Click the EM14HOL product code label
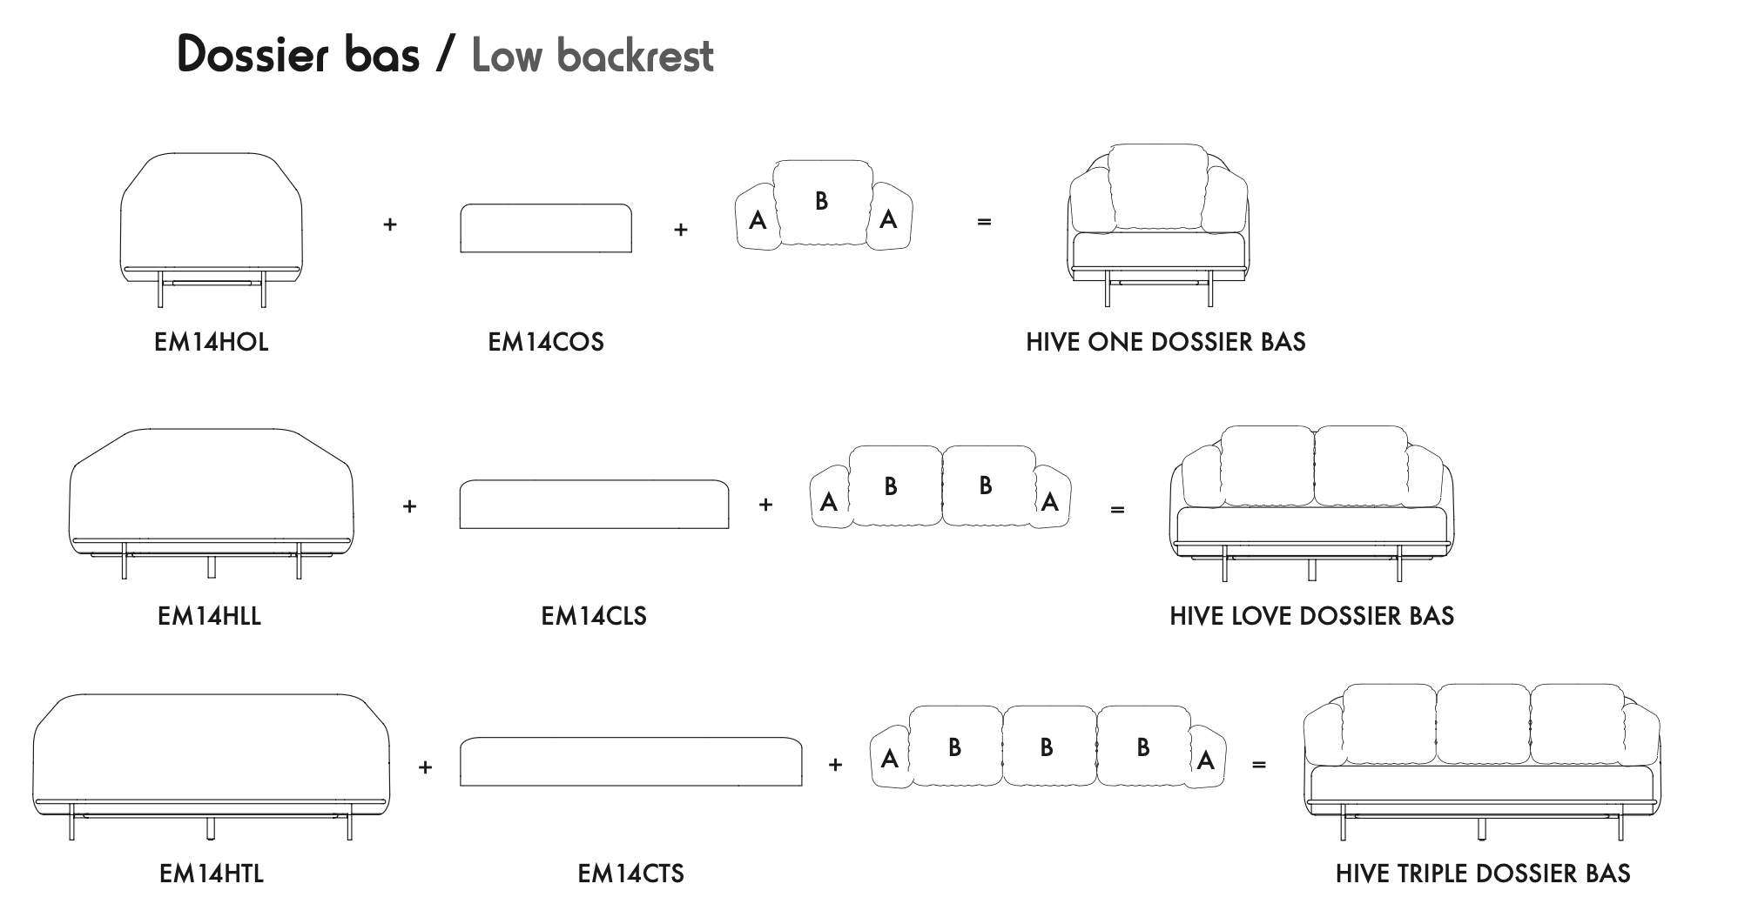click(211, 342)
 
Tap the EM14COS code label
click(545, 342)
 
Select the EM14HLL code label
click(209, 616)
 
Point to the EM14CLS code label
click(593, 616)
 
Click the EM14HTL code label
click(211, 874)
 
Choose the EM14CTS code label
click(630, 874)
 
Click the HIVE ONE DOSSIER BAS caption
click(1165, 342)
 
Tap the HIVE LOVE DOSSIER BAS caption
click(1311, 616)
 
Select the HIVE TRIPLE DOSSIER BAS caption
click(1482, 874)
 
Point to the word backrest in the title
click(635, 56)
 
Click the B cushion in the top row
click(821, 202)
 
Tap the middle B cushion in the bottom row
click(1047, 747)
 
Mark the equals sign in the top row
click(984, 222)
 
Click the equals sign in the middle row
click(1117, 510)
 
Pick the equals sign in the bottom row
click(1258, 765)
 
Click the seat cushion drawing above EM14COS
click(545, 229)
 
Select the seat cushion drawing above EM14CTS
click(630, 762)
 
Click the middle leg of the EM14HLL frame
click(212, 567)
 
